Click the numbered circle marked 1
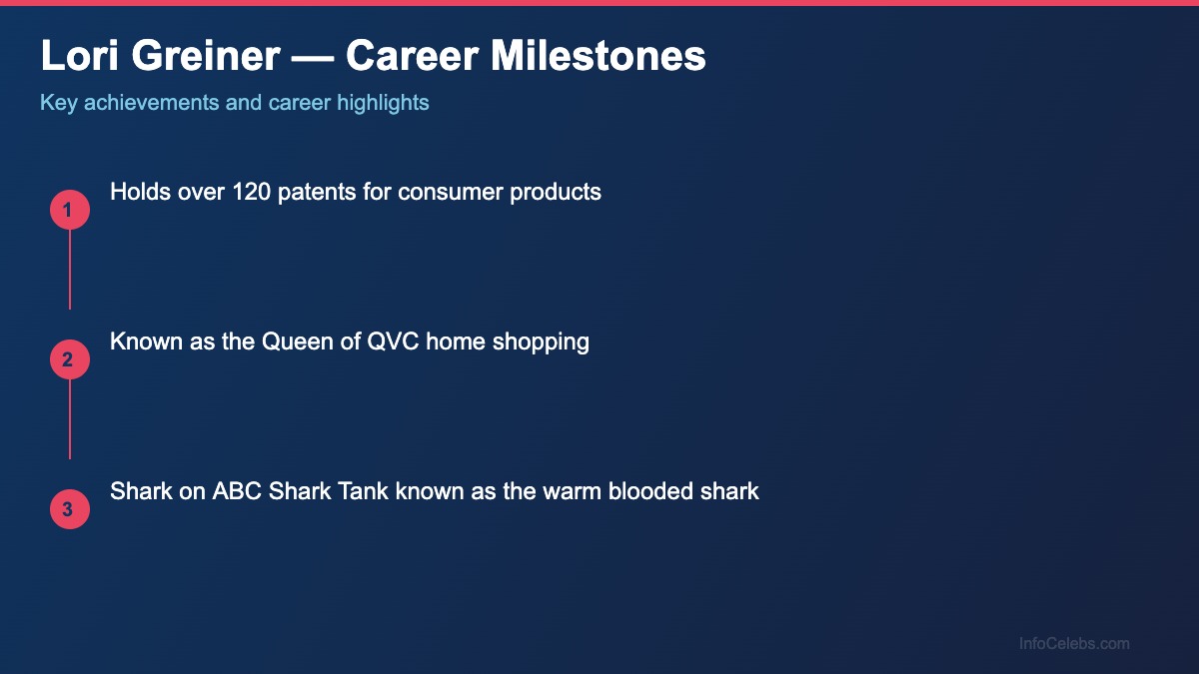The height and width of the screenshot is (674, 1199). (x=70, y=210)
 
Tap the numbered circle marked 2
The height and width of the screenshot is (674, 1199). (x=70, y=359)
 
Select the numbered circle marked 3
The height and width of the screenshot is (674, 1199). (x=70, y=509)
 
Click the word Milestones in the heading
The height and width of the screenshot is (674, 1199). (x=598, y=57)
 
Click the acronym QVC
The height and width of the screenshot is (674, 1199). (x=392, y=341)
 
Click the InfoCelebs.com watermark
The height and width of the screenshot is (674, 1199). (x=1074, y=644)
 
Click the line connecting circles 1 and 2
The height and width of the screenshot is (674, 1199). (x=70, y=270)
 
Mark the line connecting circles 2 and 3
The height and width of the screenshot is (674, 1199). (x=70, y=419)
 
